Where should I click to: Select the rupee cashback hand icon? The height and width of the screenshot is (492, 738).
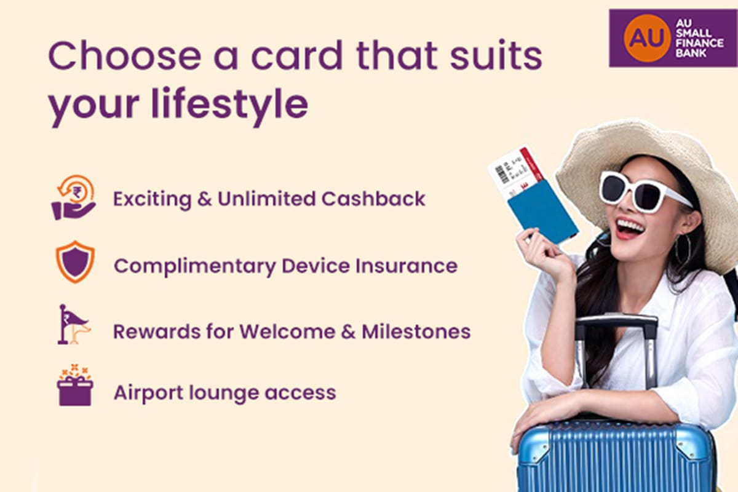pyautogui.click(x=74, y=198)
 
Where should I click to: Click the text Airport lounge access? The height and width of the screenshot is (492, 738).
pyautogui.click(x=224, y=392)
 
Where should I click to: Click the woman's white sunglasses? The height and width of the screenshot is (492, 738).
pyautogui.click(x=640, y=191)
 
